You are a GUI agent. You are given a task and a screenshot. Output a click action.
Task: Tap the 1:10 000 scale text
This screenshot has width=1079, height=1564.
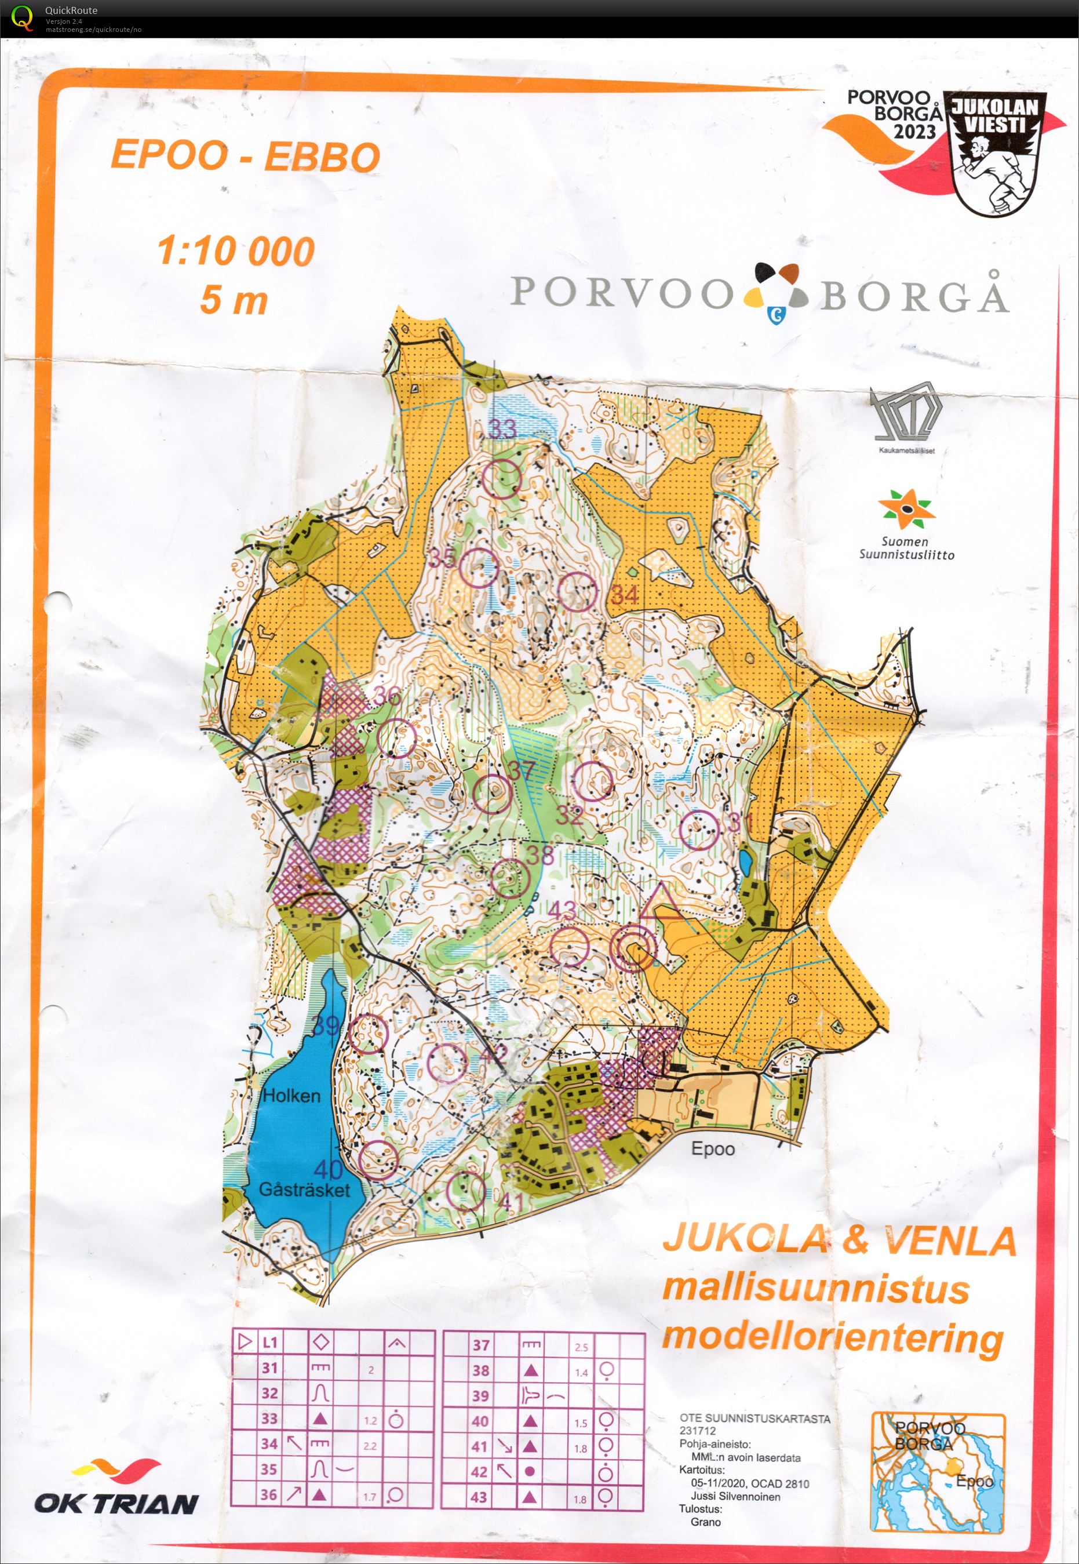tap(236, 251)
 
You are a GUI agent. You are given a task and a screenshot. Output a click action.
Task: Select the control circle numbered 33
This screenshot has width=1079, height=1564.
tap(503, 479)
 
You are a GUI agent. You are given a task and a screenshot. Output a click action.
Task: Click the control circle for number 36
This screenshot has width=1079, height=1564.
tap(396, 738)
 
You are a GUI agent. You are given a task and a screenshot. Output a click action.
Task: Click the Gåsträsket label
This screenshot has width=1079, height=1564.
tap(304, 1190)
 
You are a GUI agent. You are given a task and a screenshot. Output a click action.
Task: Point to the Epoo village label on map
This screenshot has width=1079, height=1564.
tap(713, 1149)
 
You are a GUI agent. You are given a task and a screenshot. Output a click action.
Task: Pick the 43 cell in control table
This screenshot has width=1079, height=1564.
tap(479, 1497)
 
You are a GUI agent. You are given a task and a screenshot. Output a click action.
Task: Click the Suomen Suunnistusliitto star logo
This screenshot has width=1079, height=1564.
tap(906, 509)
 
